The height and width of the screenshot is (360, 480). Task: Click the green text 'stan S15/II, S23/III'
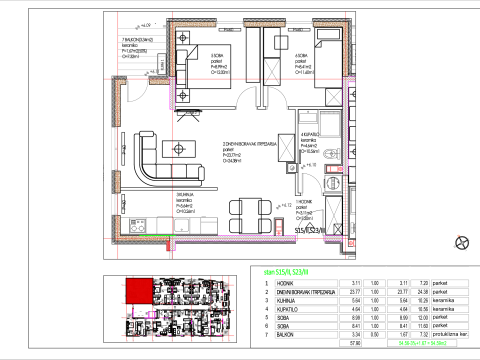point(286,272)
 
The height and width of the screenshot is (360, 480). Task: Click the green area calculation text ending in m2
point(422,343)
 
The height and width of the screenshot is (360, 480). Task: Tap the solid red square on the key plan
point(139,291)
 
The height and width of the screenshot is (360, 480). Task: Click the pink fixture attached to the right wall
point(334,169)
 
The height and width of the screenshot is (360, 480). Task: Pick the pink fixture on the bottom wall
point(279,226)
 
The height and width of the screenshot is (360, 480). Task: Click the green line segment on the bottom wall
point(156,235)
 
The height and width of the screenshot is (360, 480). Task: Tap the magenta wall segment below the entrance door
point(172,93)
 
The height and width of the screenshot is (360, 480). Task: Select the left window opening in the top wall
point(230,23)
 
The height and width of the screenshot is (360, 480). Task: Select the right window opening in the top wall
point(299,23)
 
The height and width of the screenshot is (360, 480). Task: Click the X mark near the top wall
point(272,71)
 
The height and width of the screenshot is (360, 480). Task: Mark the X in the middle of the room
point(286,147)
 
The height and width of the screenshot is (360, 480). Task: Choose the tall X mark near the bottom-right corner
point(333,215)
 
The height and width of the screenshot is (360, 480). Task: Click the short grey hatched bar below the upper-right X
point(330,112)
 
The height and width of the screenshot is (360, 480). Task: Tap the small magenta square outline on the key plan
point(151,314)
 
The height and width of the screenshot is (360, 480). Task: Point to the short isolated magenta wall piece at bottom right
point(333,238)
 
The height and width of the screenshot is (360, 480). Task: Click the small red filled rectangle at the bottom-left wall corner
point(168,246)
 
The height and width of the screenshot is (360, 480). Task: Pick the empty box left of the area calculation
point(350,343)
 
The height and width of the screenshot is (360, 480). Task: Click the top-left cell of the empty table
point(306,283)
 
